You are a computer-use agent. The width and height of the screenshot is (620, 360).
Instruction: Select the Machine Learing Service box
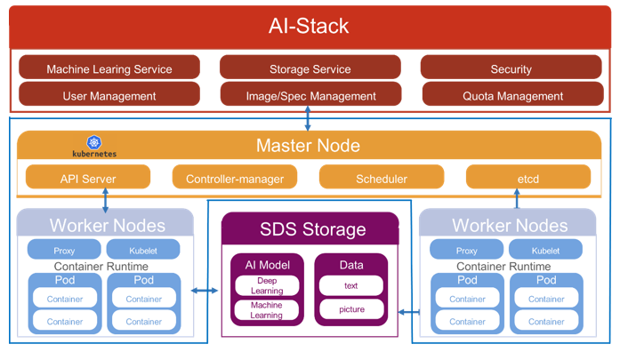pyautogui.click(x=109, y=68)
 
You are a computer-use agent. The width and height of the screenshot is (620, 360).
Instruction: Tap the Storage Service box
pyautogui.click(x=310, y=68)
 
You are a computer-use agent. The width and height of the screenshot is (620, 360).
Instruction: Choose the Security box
pyautogui.click(x=511, y=68)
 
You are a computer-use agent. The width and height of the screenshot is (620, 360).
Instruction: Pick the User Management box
pyautogui.click(x=109, y=95)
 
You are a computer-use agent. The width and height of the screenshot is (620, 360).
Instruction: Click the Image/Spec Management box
pyautogui.click(x=310, y=95)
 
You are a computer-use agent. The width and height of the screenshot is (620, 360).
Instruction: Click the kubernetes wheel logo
pyautogui.click(x=93, y=141)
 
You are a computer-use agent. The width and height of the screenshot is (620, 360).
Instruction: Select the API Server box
pyautogui.click(x=88, y=178)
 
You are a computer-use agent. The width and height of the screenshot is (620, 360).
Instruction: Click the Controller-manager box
pyautogui.click(x=235, y=178)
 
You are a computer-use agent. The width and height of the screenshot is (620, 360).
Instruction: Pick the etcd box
pyautogui.click(x=528, y=178)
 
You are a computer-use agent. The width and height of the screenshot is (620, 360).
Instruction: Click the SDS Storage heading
pyautogui.click(x=312, y=229)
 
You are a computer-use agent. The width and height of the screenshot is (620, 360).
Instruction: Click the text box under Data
pyautogui.click(x=350, y=285)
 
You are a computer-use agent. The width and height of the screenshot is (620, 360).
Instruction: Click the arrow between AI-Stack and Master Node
pyautogui.click(x=308, y=116)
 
